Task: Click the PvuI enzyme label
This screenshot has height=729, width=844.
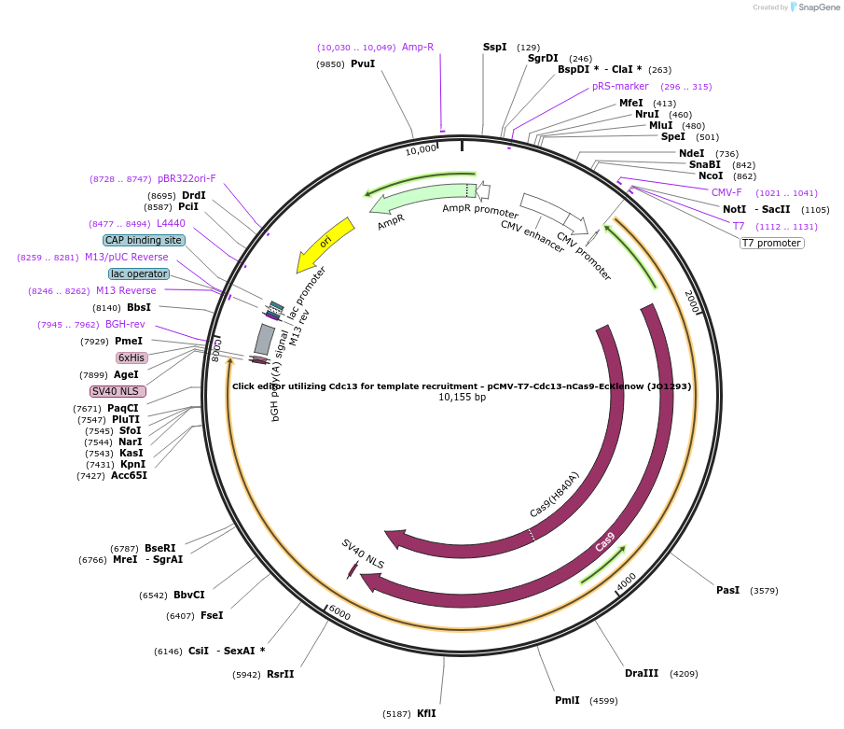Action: [x=362, y=64]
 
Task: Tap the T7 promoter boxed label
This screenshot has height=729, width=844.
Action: [x=771, y=244]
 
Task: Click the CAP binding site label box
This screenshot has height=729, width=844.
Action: [x=144, y=241]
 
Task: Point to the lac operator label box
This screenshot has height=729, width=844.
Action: [x=139, y=274]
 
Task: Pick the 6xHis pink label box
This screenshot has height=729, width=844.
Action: [x=131, y=357]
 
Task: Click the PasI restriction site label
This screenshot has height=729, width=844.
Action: [x=727, y=590]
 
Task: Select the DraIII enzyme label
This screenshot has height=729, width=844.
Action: [x=642, y=673]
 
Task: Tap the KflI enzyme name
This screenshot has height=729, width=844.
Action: [x=426, y=713]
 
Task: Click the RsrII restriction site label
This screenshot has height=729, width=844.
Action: [x=280, y=674]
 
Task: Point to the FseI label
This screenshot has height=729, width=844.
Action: [x=212, y=616]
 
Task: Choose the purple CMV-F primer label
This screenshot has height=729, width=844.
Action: [x=726, y=193]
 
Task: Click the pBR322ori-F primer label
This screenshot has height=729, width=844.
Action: [x=187, y=178]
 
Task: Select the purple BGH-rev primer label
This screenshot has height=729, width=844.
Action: [x=125, y=325]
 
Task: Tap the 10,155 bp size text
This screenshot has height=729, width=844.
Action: [x=462, y=398]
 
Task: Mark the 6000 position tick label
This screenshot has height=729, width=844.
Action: [x=339, y=613]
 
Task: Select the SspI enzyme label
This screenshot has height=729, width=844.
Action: [x=494, y=47]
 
